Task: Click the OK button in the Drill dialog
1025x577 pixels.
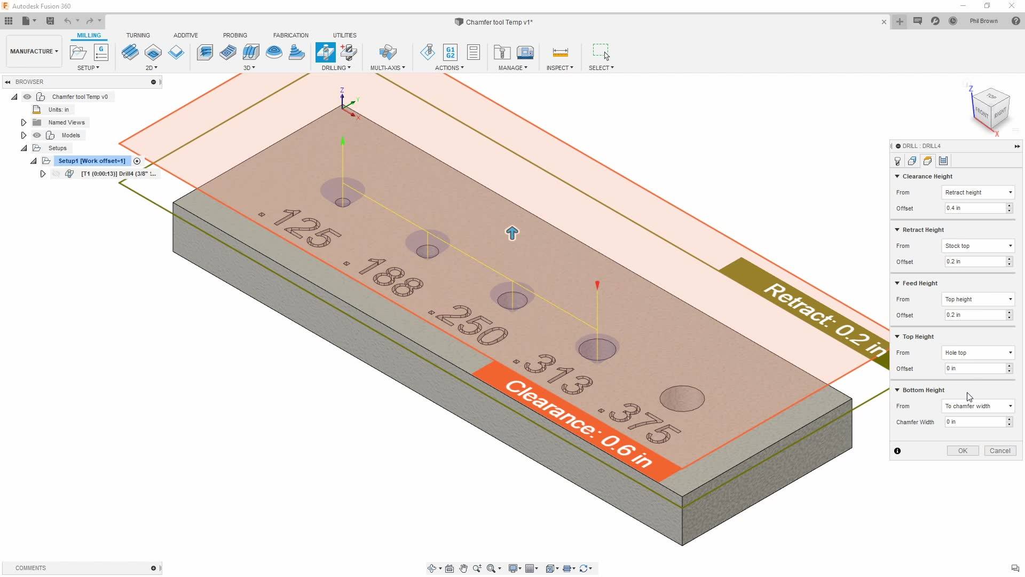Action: tap(963, 451)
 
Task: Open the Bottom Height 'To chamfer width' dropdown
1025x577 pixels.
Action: tap(978, 406)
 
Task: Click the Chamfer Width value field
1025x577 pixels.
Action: tap(975, 422)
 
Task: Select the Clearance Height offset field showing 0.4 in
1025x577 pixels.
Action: tap(975, 208)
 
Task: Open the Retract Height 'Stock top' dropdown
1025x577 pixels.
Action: tap(978, 246)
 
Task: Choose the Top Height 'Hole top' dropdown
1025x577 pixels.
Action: tap(978, 353)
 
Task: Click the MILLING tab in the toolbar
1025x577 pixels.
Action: tap(89, 35)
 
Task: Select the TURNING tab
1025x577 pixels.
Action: tap(138, 35)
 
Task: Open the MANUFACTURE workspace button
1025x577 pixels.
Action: tap(34, 51)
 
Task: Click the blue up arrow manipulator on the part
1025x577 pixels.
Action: tap(512, 233)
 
